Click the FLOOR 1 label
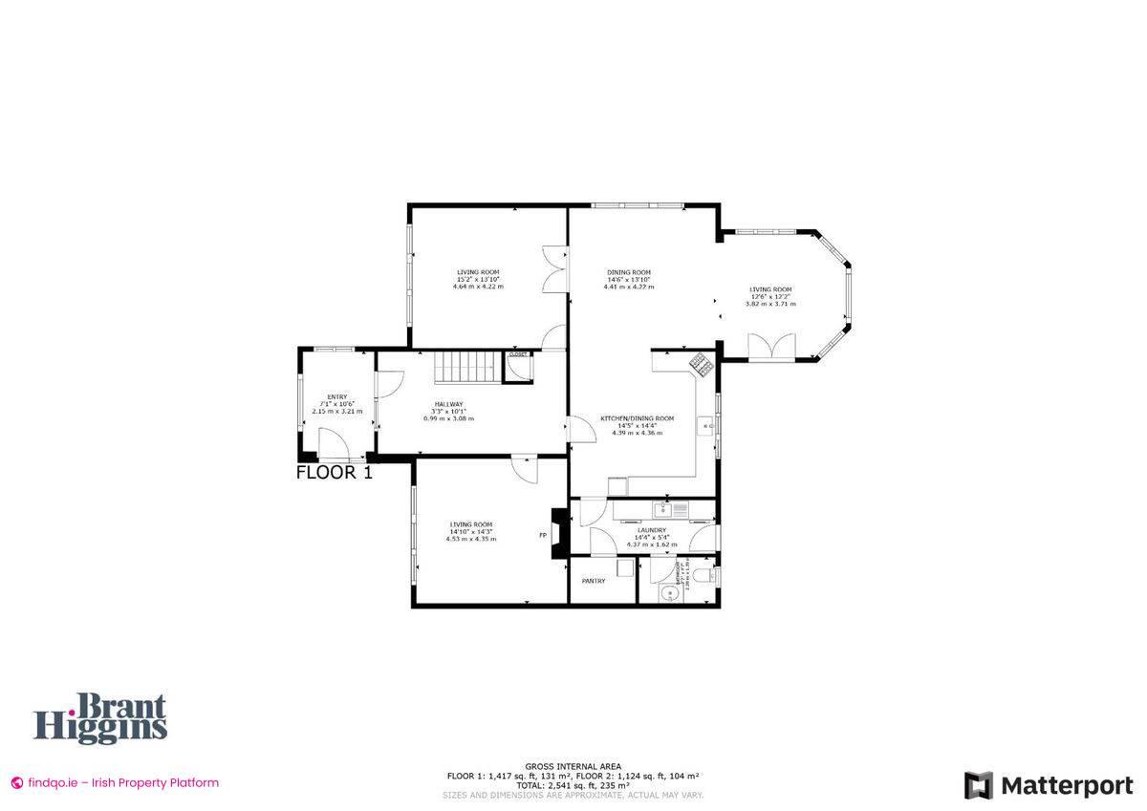coord(334,472)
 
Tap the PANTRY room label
coord(594,581)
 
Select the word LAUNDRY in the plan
coord(652,530)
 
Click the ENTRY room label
coord(336,396)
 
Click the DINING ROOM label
coord(629,272)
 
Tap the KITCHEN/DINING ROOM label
coord(638,418)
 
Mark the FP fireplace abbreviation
coord(543,535)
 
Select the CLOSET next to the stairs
coord(518,354)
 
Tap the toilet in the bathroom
coord(704,576)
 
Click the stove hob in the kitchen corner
coord(699,362)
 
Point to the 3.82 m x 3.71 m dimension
coord(770,304)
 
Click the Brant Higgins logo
coord(101,718)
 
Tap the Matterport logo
coord(1049,786)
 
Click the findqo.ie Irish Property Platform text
coord(115,782)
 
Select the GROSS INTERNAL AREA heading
coord(573,766)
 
